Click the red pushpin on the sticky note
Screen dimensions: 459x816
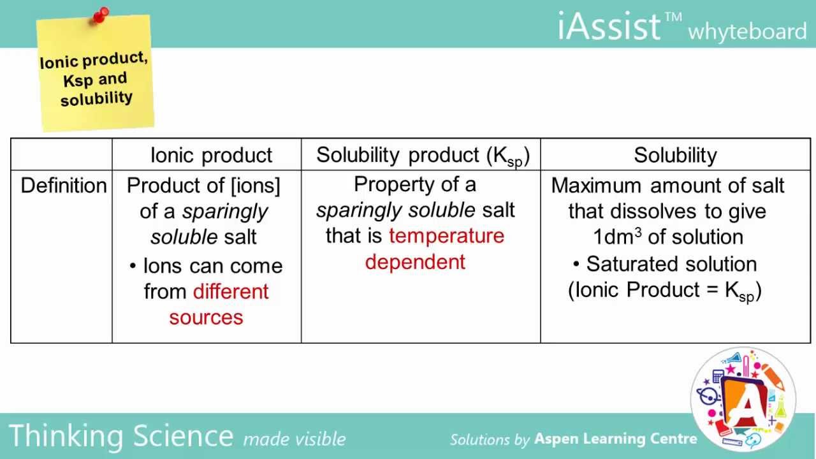(x=101, y=15)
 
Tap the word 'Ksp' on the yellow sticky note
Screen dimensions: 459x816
(x=78, y=82)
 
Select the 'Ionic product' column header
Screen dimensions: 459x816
(x=211, y=155)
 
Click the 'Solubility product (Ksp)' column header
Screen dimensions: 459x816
(x=422, y=156)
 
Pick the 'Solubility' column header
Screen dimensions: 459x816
(x=675, y=155)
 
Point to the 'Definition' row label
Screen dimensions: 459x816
(x=64, y=186)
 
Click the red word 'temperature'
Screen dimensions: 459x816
(x=446, y=236)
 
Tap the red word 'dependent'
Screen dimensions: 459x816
(x=415, y=262)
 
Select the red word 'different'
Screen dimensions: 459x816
(x=231, y=291)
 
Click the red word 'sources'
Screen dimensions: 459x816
(x=206, y=317)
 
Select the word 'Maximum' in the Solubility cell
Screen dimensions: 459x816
(x=596, y=186)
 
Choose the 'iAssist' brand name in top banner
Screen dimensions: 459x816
(x=608, y=27)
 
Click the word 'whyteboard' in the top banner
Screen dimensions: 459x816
(x=747, y=31)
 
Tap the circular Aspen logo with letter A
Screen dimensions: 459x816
(x=743, y=398)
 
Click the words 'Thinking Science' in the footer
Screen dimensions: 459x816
(x=121, y=436)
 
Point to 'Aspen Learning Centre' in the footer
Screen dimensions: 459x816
(x=615, y=439)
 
